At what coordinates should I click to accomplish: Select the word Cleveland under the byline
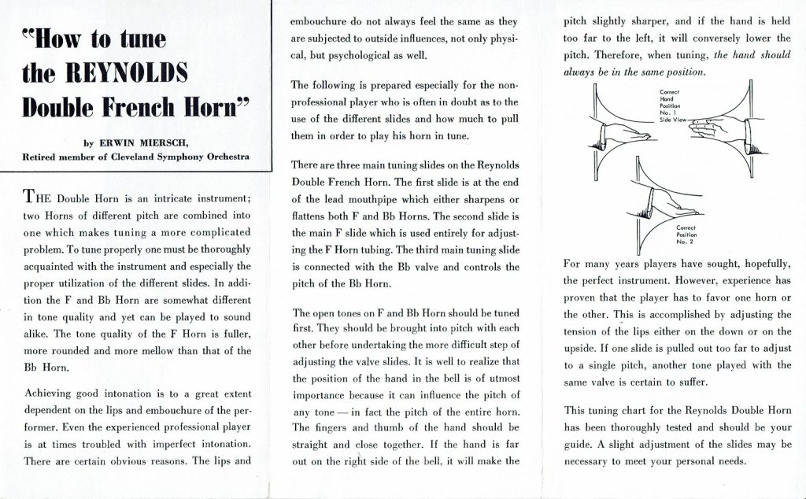(139, 157)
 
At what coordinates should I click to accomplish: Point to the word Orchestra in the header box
(223, 157)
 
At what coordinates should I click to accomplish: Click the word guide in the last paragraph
(578, 443)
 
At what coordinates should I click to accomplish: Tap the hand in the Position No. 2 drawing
(667, 205)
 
